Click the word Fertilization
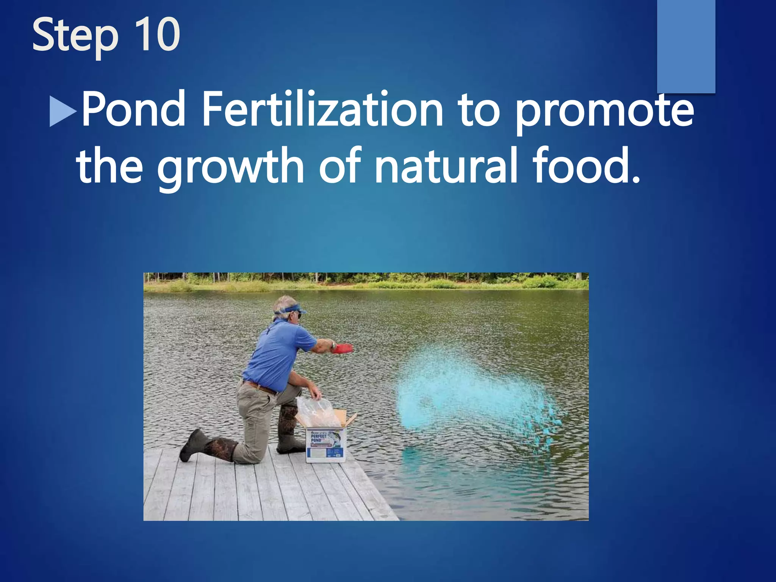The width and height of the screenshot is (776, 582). tap(322, 110)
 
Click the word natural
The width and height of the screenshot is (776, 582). tap(446, 167)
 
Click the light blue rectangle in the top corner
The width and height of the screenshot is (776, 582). tap(686, 45)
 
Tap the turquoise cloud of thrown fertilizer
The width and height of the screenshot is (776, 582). tap(462, 386)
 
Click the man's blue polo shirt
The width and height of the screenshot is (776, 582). tap(278, 352)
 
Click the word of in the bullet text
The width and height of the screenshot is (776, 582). tap(339, 167)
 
